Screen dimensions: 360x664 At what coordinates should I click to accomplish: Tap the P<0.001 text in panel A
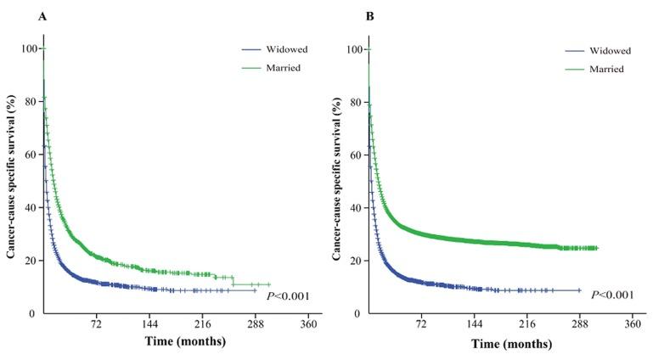point(290,295)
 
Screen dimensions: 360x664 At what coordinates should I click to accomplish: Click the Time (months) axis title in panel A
point(184,342)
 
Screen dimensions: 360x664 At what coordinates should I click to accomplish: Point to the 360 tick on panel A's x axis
point(309,325)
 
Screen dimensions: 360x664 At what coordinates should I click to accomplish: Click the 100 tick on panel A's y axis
point(30,49)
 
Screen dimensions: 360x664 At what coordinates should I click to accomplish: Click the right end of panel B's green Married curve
point(597,248)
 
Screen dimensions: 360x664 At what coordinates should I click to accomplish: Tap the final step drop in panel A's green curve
point(234,280)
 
